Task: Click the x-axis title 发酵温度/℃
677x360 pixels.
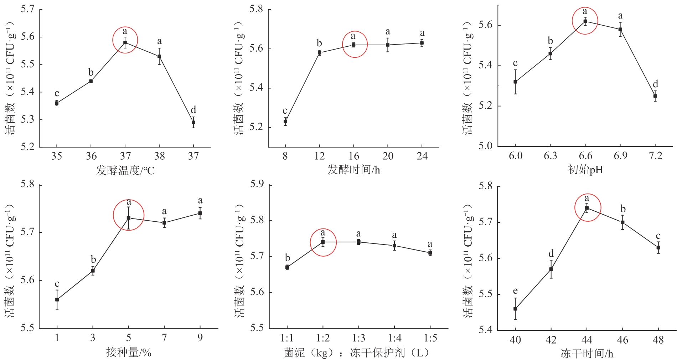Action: tap(125, 170)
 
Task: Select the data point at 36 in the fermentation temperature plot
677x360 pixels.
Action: tap(91, 81)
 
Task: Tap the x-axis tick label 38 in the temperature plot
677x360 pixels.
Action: tap(159, 156)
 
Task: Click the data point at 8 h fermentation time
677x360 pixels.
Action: tap(285, 122)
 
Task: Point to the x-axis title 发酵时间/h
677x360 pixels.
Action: tap(353, 170)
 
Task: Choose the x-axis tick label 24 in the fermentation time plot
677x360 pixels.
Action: tap(422, 156)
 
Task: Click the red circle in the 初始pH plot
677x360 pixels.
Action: tap(585, 21)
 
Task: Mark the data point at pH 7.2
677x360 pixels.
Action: tap(655, 96)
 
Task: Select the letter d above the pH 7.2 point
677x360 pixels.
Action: tap(655, 84)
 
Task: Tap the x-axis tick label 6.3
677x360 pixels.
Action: tap(550, 156)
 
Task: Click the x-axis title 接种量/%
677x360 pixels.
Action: tap(129, 353)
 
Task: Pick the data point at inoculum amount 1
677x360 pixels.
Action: tap(57, 299)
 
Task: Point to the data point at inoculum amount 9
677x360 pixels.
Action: tap(200, 213)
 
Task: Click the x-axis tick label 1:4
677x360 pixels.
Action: tap(394, 338)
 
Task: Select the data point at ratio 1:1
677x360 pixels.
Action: tap(287, 267)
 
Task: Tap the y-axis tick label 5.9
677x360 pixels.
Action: tap(257, 184)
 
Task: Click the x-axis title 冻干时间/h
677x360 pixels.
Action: tap(586, 353)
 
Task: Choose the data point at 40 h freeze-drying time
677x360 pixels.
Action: tap(515, 309)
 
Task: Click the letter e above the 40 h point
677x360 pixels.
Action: tap(515, 291)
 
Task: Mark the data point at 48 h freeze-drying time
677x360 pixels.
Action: tap(658, 247)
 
